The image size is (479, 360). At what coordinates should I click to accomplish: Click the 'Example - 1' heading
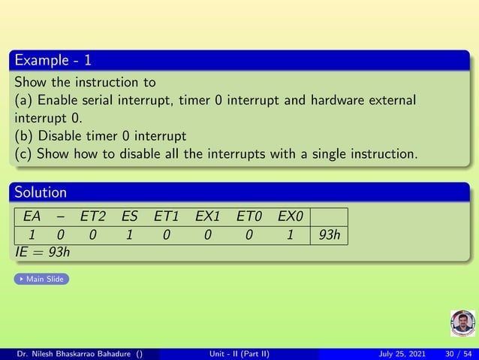click(x=53, y=59)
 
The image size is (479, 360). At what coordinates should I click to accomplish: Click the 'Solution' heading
click(x=41, y=193)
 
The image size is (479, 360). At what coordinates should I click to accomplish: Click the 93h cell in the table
click(x=330, y=235)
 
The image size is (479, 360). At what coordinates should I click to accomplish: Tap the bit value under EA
click(x=32, y=235)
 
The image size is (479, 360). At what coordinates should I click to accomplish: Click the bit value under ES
click(x=129, y=235)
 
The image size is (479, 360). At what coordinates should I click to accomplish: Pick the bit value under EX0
click(x=289, y=235)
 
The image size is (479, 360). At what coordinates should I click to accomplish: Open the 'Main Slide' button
click(x=41, y=280)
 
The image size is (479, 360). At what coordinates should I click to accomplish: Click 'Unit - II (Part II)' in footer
click(x=239, y=354)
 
